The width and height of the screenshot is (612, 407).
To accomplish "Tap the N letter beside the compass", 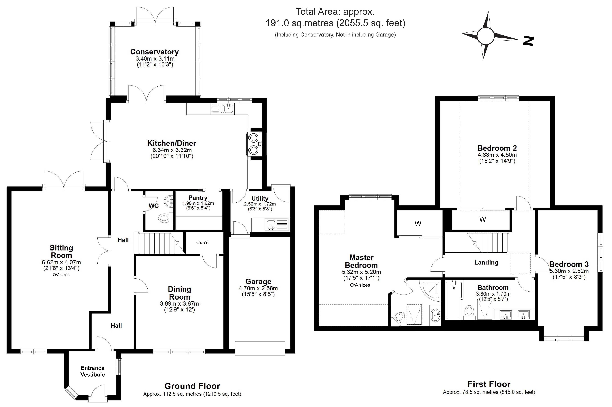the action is [x=528, y=41].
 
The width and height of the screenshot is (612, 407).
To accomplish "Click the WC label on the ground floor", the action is [x=154, y=206].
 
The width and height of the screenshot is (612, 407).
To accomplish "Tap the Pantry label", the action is [x=198, y=198].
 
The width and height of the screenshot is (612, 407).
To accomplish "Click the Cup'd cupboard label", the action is [x=202, y=242].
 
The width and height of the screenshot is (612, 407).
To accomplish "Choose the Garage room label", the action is [x=258, y=282].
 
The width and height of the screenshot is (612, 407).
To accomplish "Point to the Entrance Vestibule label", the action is [x=93, y=371].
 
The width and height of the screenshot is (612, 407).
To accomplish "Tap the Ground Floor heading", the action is [x=192, y=386].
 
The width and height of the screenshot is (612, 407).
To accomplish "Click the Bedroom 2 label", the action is [x=497, y=148].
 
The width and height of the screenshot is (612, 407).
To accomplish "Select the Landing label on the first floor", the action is [x=486, y=263].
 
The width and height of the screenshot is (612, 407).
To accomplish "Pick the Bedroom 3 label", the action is [x=569, y=264].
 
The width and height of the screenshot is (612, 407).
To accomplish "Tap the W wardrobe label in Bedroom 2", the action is [x=483, y=219].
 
